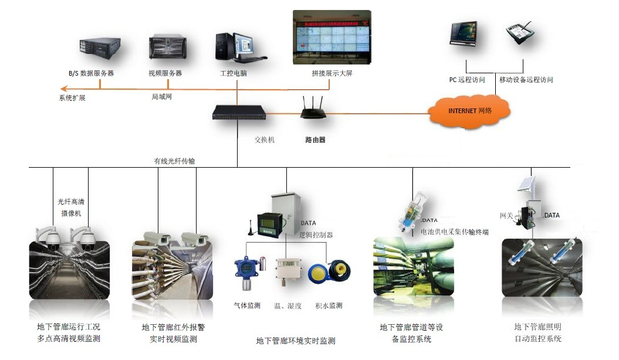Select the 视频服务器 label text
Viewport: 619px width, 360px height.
point(165,73)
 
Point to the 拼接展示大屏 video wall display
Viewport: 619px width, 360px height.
point(332,38)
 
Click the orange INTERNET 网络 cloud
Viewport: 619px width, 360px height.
point(469,110)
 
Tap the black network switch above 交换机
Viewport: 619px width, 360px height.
point(239,113)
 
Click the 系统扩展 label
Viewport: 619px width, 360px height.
point(72,98)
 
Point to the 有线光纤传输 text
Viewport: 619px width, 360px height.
point(174,160)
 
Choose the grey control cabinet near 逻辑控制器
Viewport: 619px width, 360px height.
point(286,213)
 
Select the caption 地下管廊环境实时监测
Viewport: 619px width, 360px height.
point(296,341)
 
